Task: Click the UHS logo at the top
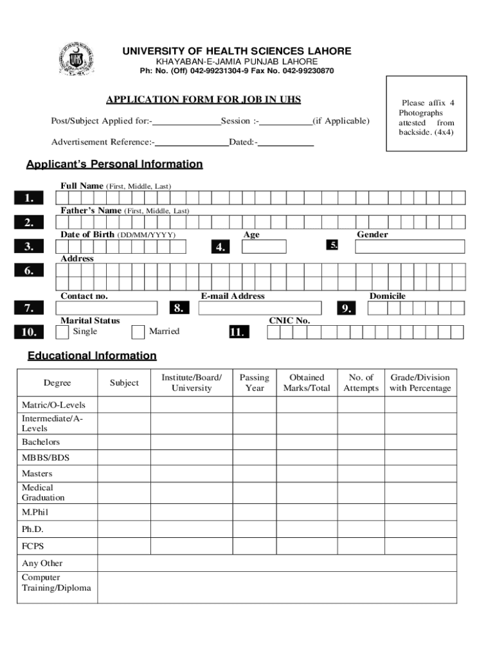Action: (76, 59)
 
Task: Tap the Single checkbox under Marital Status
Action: (62, 332)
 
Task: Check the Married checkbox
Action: (138, 332)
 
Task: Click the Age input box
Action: (264, 247)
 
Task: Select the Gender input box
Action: (409, 247)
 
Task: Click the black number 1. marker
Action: (30, 199)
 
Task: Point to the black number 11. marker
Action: (237, 332)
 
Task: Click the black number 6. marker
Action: (30, 271)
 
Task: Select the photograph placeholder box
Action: (426, 114)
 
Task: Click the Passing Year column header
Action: (255, 383)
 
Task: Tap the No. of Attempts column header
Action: (361, 383)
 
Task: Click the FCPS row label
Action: (33, 546)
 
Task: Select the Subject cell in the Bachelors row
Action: (124, 442)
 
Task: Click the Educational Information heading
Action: (92, 356)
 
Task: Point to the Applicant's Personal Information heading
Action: (114, 164)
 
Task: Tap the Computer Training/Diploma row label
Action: (57, 583)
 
